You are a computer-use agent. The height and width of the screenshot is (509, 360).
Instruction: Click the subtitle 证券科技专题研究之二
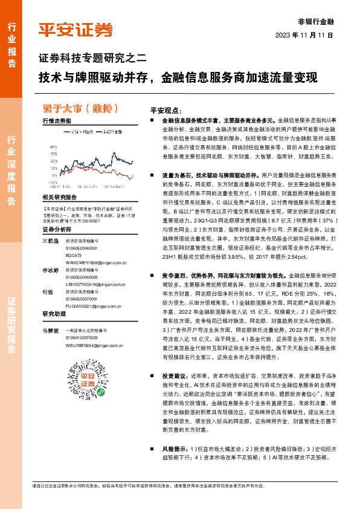93,59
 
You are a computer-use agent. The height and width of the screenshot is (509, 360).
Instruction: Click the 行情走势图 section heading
57,121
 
